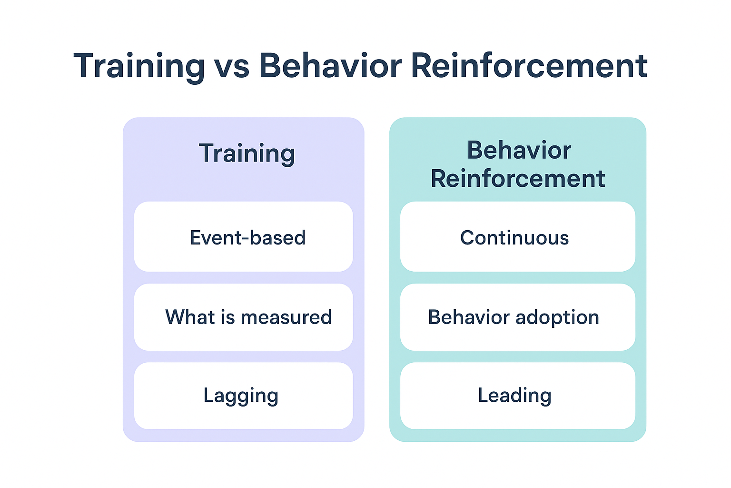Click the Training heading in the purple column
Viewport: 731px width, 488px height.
click(247, 153)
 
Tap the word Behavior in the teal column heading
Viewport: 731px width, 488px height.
click(519, 151)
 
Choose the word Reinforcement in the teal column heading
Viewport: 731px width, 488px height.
click(518, 179)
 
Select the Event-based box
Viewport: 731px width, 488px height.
click(243, 236)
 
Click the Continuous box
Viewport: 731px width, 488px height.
click(517, 236)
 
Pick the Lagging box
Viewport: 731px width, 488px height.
click(243, 396)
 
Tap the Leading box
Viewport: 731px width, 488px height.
click(517, 396)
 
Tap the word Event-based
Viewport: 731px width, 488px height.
click(247, 238)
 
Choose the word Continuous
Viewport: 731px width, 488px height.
click(514, 238)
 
